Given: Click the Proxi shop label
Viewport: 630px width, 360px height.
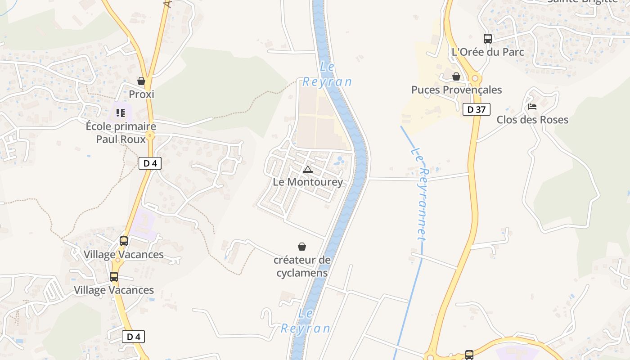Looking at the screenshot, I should coord(141,94).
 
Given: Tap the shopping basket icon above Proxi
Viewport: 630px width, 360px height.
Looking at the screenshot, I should coord(141,81).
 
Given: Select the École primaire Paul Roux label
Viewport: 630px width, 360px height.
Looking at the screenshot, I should coord(121,133).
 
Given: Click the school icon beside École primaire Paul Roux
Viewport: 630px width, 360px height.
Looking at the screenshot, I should coord(120,112).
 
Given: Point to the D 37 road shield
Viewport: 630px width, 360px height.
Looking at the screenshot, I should coord(476,109).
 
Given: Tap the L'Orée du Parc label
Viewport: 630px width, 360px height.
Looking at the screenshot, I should coord(487,52).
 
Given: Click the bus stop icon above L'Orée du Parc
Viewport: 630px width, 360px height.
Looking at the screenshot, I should coord(488,39).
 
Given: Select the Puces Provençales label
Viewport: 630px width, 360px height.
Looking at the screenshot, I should coord(456,90).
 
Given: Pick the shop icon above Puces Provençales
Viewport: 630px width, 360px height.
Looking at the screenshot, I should coord(456,76).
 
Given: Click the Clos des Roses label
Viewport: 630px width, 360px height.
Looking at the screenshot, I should coord(532,120).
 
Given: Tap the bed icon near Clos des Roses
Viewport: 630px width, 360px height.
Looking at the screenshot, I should coord(532,107).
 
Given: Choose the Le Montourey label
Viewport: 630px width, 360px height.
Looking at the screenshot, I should coord(308,182).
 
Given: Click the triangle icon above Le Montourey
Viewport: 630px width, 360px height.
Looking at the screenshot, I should coord(308,169).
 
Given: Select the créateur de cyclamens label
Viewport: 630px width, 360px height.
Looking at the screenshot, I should coord(302,266).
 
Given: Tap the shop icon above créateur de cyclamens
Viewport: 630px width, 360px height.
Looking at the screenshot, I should coord(302,247).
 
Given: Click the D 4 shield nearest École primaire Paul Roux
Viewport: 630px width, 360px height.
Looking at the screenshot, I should coord(150,163).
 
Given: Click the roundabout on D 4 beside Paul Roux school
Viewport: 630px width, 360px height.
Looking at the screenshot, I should coord(150,135).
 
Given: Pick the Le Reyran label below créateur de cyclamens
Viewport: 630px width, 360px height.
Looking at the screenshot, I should coord(306,321).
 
